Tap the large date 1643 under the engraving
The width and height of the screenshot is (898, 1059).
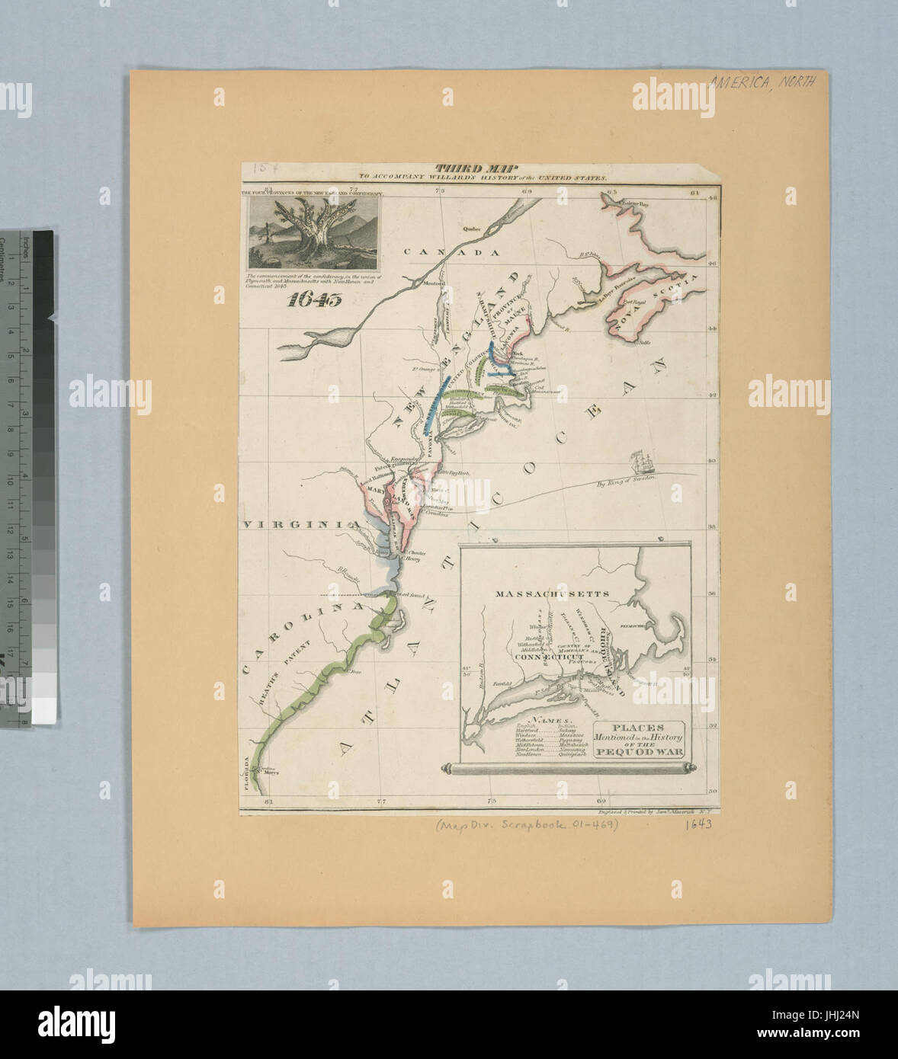[315, 299]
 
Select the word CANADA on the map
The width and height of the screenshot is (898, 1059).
[451, 252]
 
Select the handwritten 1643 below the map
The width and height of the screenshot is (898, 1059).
[697, 824]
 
